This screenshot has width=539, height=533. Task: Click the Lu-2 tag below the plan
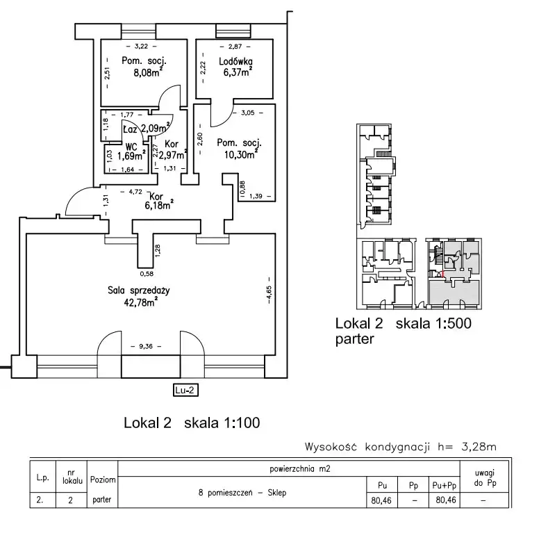[x=185, y=390]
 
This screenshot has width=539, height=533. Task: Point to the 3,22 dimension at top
[x=142, y=47]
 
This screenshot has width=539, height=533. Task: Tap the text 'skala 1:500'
[x=429, y=324]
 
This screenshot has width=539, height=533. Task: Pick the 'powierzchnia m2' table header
[x=299, y=469]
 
